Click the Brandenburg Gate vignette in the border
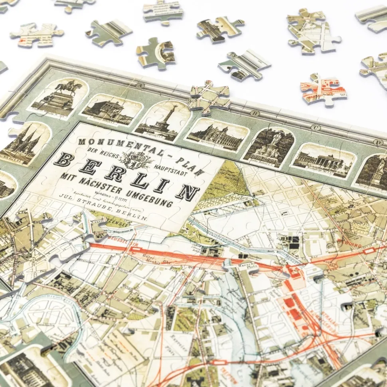coord(323,161)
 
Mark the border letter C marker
coord(316,128)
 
